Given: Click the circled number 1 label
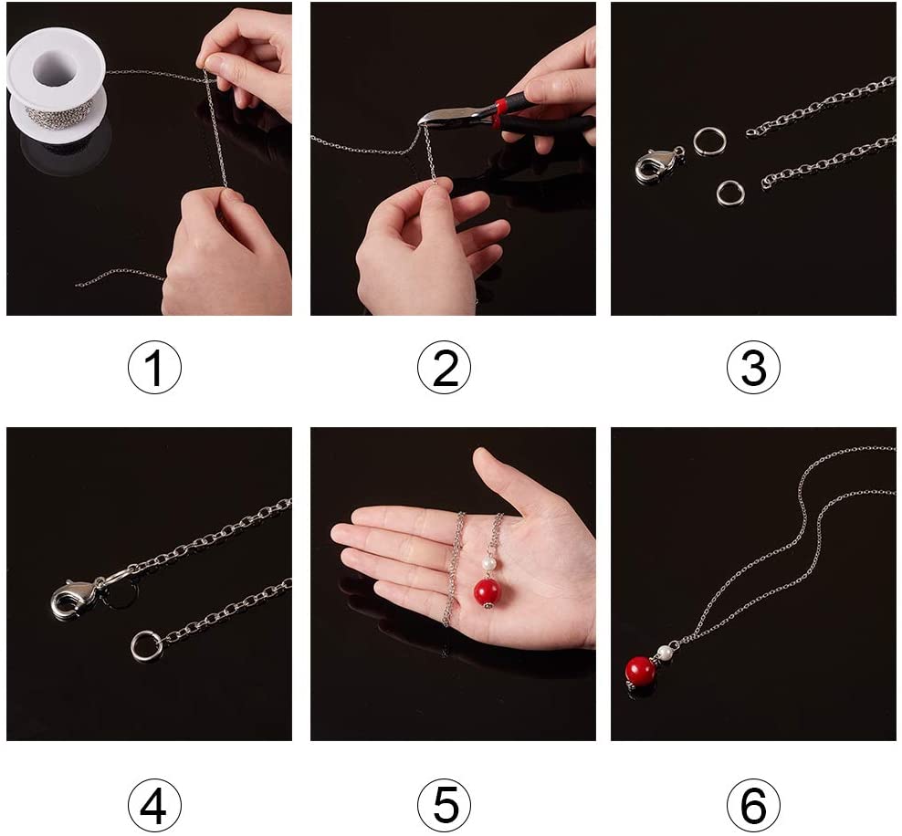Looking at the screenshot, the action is click(154, 368).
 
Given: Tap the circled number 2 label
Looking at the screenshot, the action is click(444, 368).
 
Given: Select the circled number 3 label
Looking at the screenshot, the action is click(753, 368).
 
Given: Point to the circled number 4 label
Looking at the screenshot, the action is click(154, 804).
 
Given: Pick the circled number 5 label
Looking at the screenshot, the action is click(444, 804).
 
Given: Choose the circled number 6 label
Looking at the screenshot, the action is click(753, 804).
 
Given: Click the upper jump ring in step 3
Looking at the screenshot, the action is click(709, 141).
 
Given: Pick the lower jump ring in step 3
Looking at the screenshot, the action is click(730, 192).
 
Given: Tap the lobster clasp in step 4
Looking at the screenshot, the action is click(76, 598).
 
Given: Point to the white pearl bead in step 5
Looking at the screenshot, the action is click(488, 563).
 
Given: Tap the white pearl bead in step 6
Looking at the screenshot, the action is click(666, 653).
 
